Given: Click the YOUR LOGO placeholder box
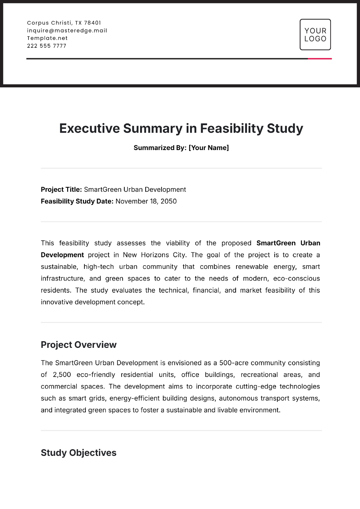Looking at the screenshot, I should [315, 35].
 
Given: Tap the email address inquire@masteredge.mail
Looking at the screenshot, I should [67, 31].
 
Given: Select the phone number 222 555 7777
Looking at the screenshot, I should [46, 46].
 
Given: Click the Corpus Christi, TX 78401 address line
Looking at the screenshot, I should [64, 23].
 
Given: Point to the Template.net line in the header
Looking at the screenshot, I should [47, 38].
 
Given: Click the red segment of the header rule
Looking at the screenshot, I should [320, 59].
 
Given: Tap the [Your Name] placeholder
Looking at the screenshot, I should [208, 148].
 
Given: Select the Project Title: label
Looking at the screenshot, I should [61, 190].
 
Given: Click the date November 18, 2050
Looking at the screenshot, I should [146, 201].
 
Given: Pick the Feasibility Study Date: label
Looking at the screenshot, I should [77, 201].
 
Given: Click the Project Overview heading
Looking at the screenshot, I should [79, 345].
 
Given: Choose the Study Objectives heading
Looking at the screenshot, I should [79, 453].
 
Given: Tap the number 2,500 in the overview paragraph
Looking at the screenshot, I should [62, 375].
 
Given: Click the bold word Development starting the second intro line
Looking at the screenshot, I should [62, 255].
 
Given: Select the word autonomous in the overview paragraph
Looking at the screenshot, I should [238, 399].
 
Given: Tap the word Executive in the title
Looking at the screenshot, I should [89, 128].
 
